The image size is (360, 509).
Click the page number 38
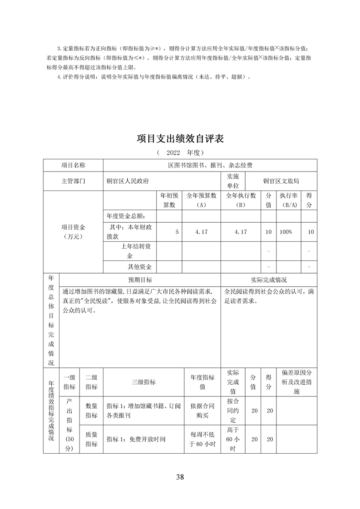tap(180, 476)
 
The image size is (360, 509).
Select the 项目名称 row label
tap(73, 166)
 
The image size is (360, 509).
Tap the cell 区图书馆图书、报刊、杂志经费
tap(210, 166)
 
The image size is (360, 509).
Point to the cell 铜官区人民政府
tap(128, 181)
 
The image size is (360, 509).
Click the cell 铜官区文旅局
tap(281, 181)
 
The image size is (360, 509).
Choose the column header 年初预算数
tap(169, 201)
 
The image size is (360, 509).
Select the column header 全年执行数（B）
tap(241, 201)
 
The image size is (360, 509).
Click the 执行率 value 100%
tap(286, 232)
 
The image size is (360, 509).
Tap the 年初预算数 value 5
tap(177, 232)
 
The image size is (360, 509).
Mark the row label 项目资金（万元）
tap(73, 231)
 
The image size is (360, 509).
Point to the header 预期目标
tap(140, 280)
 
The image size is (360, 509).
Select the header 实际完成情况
tap(269, 280)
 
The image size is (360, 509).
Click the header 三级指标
tap(143, 382)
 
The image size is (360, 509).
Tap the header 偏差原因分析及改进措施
tap(296, 382)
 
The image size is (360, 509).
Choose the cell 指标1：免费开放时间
tap(136, 439)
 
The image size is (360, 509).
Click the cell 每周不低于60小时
tap(202, 439)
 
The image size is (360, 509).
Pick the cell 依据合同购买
tap(202, 411)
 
